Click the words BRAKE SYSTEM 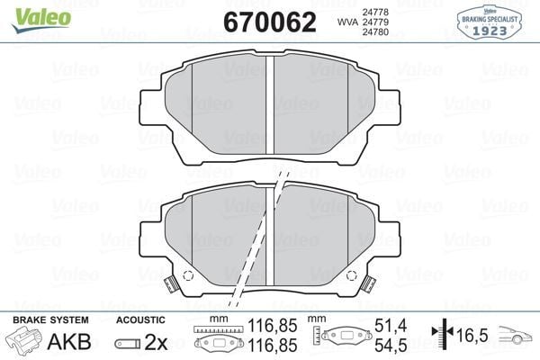coord(50,319)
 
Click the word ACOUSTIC coord(141,319)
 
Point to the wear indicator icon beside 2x coord(128,342)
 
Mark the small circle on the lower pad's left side coord(187,276)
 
